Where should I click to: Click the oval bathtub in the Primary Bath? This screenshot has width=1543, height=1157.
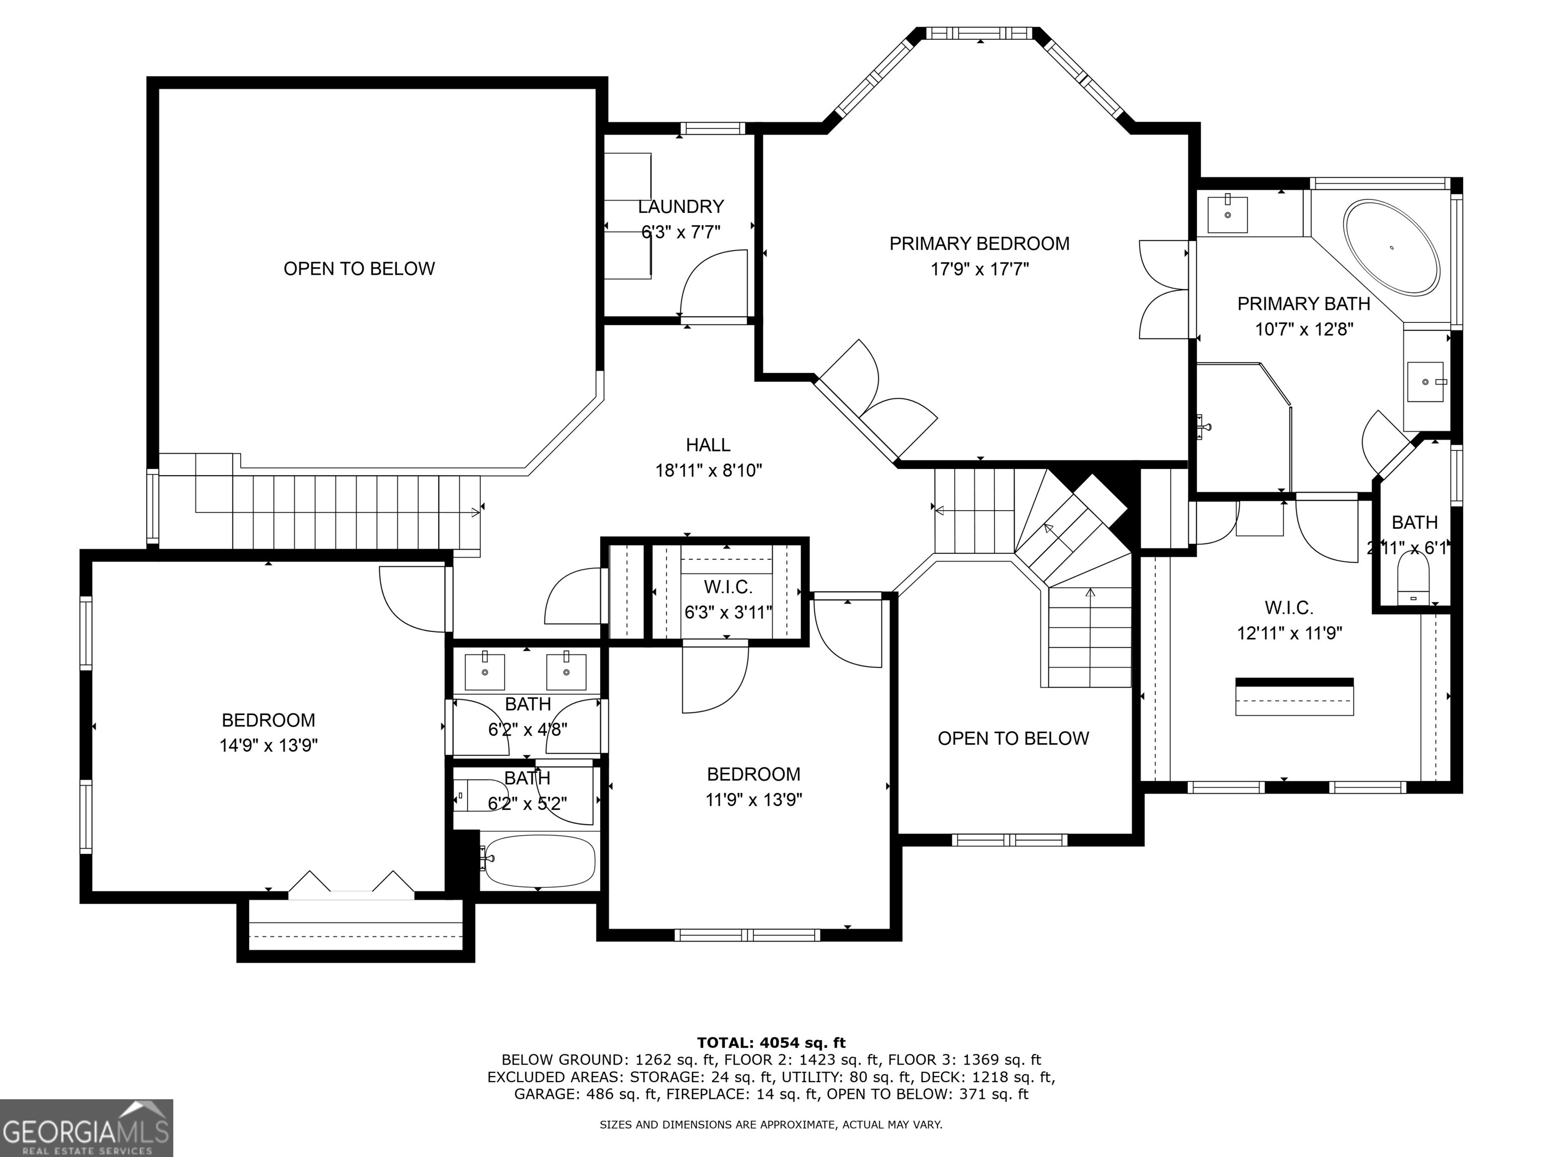coord(1392,247)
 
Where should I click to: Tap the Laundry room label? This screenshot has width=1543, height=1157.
coord(681,206)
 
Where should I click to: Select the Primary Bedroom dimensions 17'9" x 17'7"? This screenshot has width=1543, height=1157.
coord(979,269)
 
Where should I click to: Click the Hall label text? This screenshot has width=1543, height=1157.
coord(708,445)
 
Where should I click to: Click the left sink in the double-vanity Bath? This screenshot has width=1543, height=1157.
coord(484,671)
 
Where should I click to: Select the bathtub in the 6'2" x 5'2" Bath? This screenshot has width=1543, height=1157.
coord(540,860)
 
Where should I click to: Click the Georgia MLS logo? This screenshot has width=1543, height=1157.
coord(86,1128)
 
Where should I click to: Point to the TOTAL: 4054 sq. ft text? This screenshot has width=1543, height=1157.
coord(771,1043)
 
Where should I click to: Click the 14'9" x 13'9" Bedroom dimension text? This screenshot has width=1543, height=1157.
coord(269,746)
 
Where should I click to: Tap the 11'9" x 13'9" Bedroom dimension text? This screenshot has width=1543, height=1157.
coord(753,799)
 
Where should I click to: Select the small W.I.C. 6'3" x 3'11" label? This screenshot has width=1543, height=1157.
coord(728,600)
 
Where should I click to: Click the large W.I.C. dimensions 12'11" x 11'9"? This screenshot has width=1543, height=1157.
coord(1290,633)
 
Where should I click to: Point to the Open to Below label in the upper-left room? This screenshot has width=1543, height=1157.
coord(359,269)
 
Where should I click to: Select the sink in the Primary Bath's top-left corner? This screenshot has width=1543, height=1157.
coord(1227,214)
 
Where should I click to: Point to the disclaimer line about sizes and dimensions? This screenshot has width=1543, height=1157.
coord(771,1124)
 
